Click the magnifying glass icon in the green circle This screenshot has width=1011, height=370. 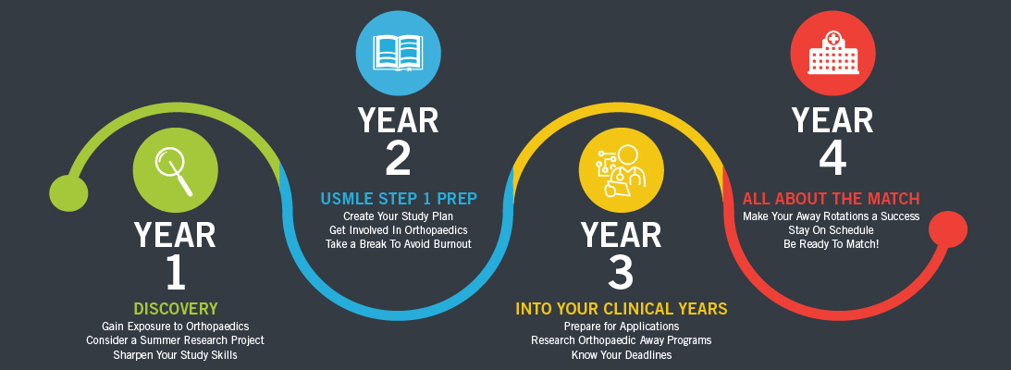tap(174, 170)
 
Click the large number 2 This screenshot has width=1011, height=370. tap(398, 158)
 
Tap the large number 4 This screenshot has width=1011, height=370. tap(832, 158)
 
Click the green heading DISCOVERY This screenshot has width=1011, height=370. tap(176, 309)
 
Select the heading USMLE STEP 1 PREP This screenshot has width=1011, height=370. tap(399, 199)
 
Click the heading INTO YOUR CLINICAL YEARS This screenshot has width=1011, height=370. tap(621, 309)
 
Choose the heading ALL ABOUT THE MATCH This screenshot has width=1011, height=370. tap(832, 198)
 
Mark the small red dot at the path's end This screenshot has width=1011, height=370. tap(948, 229)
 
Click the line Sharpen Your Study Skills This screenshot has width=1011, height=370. tap(176, 354)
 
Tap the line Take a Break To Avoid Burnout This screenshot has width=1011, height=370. tap(399, 244)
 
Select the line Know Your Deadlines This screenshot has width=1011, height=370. tap(621, 354)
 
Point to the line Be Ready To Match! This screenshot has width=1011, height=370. tap(832, 244)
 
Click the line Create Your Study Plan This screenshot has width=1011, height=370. tap(399, 216)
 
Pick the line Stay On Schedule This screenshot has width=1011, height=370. tap(832, 230)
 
